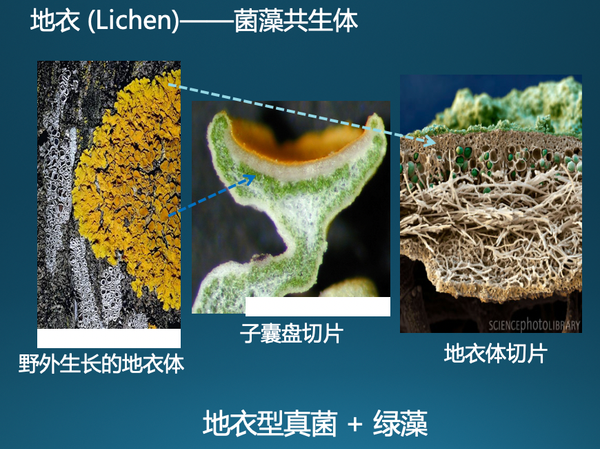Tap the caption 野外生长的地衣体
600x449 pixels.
point(101,363)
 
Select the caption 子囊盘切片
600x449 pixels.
point(291,333)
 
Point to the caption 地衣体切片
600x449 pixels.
point(496,353)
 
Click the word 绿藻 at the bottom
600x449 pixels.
point(400,423)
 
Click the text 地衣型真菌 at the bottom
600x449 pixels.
point(270,423)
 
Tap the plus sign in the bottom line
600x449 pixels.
point(355,424)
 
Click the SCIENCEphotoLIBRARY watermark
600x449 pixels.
point(534,325)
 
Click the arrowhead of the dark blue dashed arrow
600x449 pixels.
point(250,178)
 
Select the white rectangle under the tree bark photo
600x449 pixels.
point(109,338)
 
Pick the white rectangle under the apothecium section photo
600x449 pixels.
point(318,307)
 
